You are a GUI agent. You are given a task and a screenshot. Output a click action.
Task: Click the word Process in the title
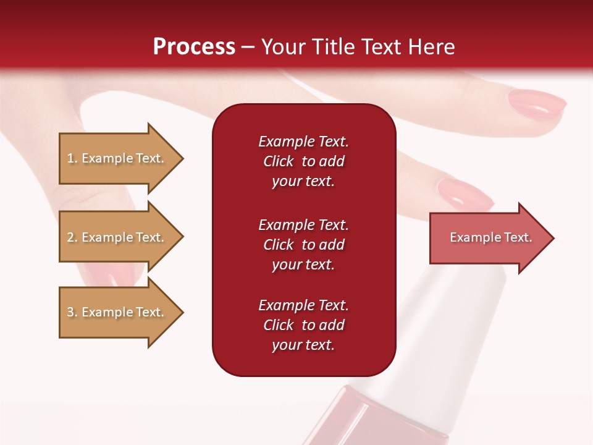pyautogui.click(x=194, y=47)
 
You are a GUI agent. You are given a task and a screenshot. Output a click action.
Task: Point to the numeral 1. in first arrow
pyautogui.click(x=72, y=158)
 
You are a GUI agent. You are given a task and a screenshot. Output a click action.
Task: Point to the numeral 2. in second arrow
pyautogui.click(x=72, y=237)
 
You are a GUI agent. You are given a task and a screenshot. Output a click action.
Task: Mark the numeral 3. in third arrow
pyautogui.click(x=72, y=312)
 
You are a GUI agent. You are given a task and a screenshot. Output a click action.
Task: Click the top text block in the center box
pyautogui.click(x=303, y=161)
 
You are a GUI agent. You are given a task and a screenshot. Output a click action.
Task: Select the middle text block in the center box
pyautogui.click(x=303, y=245)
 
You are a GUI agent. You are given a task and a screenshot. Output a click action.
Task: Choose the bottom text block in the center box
pyautogui.click(x=303, y=325)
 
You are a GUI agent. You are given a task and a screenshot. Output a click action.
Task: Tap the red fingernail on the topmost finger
pyautogui.click(x=537, y=104)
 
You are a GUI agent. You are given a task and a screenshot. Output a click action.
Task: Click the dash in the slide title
pyautogui.click(x=248, y=48)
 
